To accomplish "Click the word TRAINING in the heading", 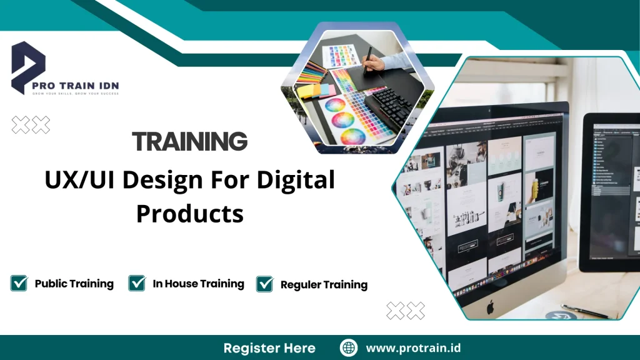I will [x=190, y=142].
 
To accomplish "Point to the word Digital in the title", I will [x=298, y=181].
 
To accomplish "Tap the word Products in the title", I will [x=190, y=214].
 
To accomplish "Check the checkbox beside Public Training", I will [x=19, y=284].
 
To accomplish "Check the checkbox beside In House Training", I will [x=137, y=284].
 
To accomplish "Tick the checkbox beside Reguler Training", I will [x=265, y=284].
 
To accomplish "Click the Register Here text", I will [x=269, y=348].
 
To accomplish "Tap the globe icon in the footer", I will [x=349, y=348].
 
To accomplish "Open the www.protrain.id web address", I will [x=413, y=348].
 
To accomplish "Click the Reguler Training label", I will [x=324, y=285].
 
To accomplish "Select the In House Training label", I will [x=198, y=284].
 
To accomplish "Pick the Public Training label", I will [x=74, y=284].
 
